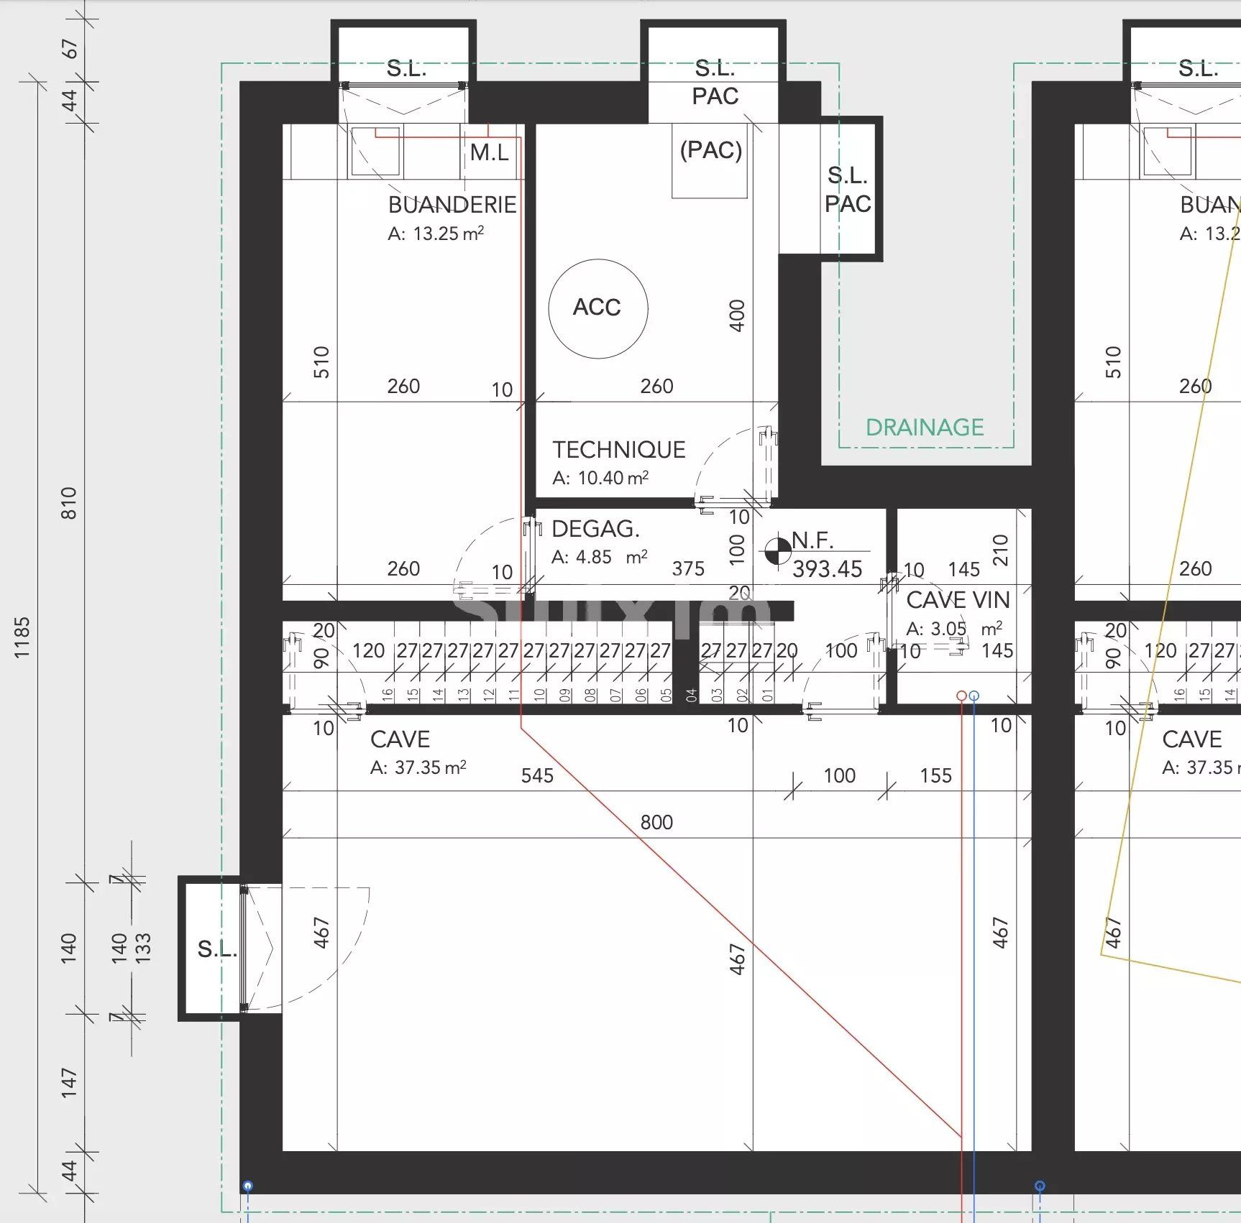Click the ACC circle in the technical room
[x=597, y=308]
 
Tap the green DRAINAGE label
[x=924, y=428]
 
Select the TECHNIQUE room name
[x=618, y=450]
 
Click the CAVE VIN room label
[x=958, y=599]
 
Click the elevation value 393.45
[x=827, y=569]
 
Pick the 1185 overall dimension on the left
[x=22, y=637]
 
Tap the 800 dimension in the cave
[x=656, y=822]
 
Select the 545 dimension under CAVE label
[x=537, y=775]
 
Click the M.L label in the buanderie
[x=489, y=152]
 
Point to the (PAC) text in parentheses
[x=710, y=150]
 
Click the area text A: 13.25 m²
[x=436, y=234]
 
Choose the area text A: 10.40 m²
[x=600, y=478]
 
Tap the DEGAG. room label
[x=595, y=530]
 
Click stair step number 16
[x=388, y=695]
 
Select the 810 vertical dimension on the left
[x=69, y=503]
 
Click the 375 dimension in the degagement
[x=688, y=569]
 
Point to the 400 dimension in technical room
[x=737, y=315]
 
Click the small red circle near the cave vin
[x=961, y=696]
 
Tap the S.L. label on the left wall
[x=216, y=949]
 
